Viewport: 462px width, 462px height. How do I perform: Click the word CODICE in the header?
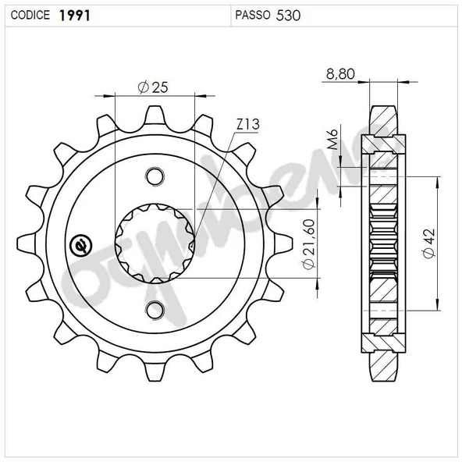point(30,15)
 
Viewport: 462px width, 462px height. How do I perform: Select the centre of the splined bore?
point(155,242)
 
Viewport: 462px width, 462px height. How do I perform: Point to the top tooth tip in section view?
point(382,109)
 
